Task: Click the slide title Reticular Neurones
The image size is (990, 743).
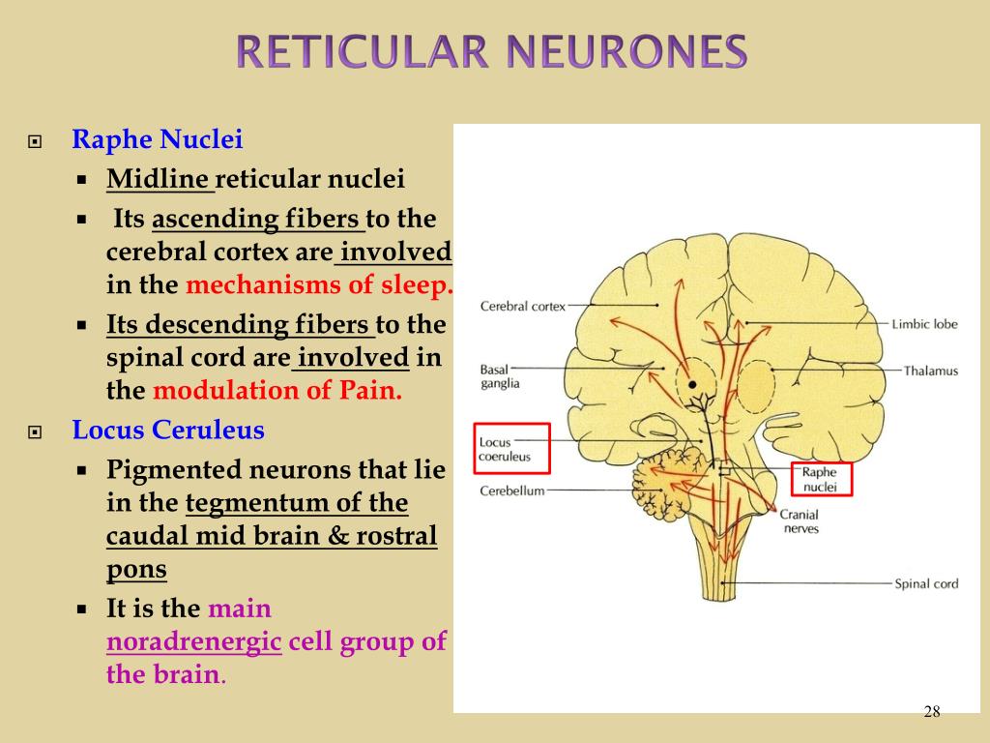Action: coord(493,51)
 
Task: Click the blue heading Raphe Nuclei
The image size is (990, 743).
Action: coord(157,140)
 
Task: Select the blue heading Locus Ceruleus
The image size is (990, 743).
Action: coord(168,430)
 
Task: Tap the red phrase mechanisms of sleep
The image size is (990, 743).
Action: coord(319,285)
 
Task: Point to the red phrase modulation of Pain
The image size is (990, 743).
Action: coord(277,391)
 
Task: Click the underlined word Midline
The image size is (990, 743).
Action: coord(159,179)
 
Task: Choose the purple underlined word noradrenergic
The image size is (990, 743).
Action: coord(193,641)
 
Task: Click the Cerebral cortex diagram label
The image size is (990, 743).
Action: coord(523,307)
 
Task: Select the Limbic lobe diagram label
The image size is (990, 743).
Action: coord(924,324)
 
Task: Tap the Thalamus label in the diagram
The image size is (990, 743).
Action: coord(930,371)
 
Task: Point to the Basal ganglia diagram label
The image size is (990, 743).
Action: coord(500,376)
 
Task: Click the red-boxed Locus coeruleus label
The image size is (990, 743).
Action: coord(511,448)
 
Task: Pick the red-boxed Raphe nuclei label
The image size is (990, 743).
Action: coord(821,479)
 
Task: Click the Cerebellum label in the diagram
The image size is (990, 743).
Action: coord(512,490)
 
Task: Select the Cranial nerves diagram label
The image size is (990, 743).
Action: coord(800,521)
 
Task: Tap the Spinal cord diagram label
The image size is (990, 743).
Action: coord(925,583)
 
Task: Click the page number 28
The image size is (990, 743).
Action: coord(931,712)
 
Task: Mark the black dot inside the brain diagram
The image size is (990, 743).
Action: coord(692,385)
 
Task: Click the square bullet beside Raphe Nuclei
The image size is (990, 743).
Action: coord(36,141)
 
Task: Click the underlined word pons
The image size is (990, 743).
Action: coord(136,569)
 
